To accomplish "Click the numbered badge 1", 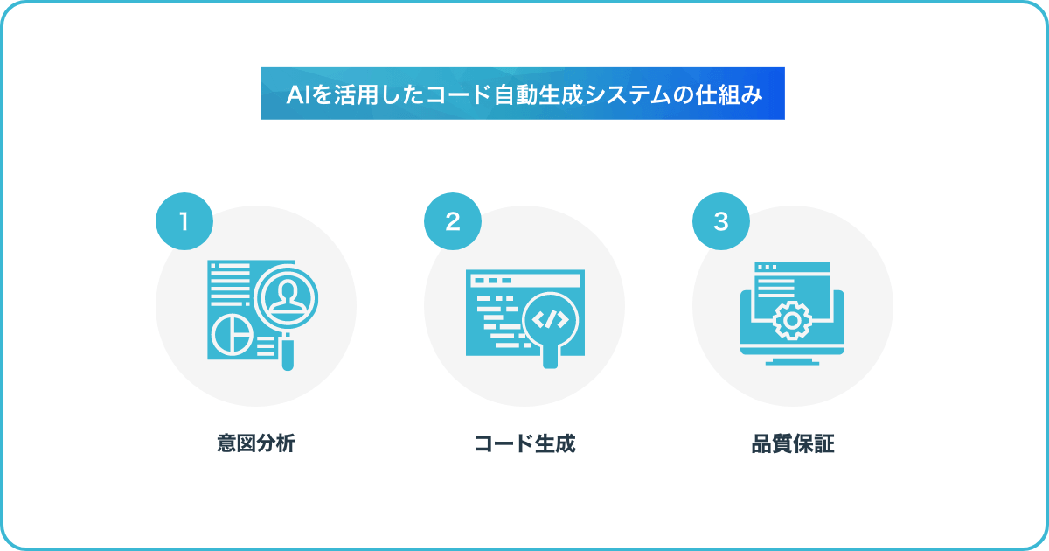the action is click(x=184, y=221).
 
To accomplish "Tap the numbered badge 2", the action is click(x=453, y=221).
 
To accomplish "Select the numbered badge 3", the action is click(x=720, y=221).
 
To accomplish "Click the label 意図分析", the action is click(x=255, y=443).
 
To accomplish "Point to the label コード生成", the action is click(x=524, y=443).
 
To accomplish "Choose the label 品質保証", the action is click(x=793, y=443).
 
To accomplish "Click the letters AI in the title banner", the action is click(x=297, y=95).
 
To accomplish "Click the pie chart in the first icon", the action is click(x=233, y=336).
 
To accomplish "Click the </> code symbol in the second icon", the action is click(x=551, y=320).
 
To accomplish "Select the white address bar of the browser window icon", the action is click(x=525, y=281).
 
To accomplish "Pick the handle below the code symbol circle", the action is click(x=550, y=356).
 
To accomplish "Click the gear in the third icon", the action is click(x=792, y=321).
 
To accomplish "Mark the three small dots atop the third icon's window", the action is click(x=768, y=267).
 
